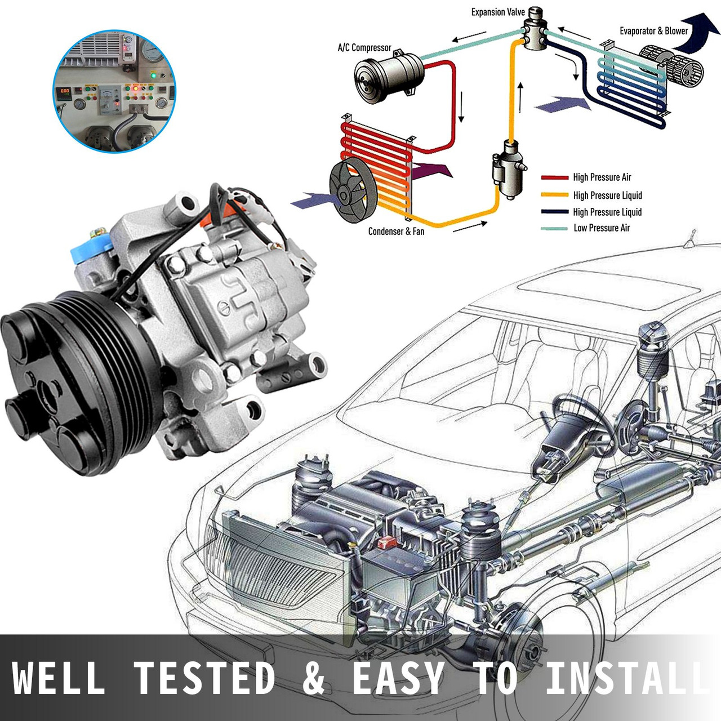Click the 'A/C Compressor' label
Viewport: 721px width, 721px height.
click(x=364, y=48)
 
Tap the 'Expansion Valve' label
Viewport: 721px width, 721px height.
click(x=498, y=12)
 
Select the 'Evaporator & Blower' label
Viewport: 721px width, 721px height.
click(x=653, y=31)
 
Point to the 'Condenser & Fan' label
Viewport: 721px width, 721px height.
click(x=396, y=231)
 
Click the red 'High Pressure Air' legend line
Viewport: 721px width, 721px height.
click(x=554, y=177)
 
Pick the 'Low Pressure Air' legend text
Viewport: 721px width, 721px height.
click(x=602, y=228)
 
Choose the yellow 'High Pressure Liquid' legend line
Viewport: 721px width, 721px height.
click(x=554, y=195)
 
